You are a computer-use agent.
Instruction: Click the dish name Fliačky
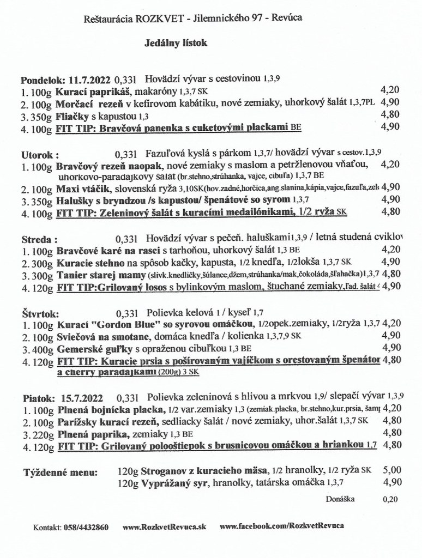pyautogui.click(x=73, y=115)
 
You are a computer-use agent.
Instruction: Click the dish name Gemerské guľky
pyautogui.click(x=93, y=348)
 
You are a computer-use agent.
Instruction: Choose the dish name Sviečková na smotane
pyautogui.click(x=103, y=336)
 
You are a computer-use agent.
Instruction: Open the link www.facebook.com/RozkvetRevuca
pyautogui.click(x=282, y=527)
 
